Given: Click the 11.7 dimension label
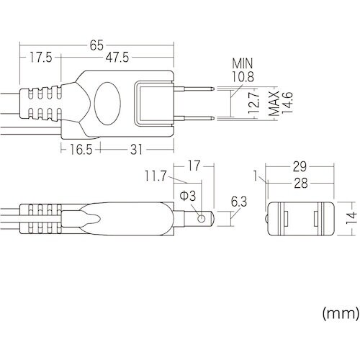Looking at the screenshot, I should pyautogui.click(x=156, y=175).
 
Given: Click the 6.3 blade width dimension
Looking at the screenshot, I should pyautogui.click(x=238, y=203).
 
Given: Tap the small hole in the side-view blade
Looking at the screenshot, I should pyautogui.click(x=204, y=217).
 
